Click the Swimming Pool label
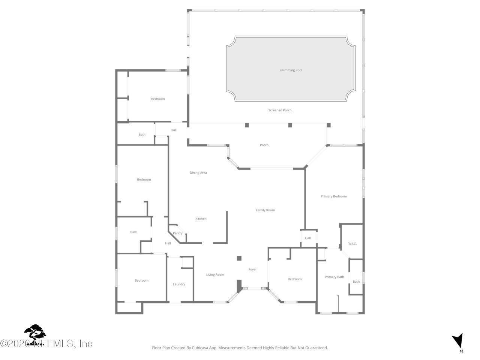click(x=291, y=70)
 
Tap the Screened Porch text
click(x=280, y=110)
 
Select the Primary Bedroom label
click(x=334, y=196)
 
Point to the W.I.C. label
click(x=352, y=244)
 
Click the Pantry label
click(x=178, y=234)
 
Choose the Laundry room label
click(x=179, y=284)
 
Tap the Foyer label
click(x=253, y=270)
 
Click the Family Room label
click(x=265, y=210)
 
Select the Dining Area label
click(x=198, y=173)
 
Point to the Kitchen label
click(x=201, y=219)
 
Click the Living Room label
click(x=215, y=275)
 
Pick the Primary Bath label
click(x=334, y=277)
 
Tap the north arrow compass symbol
click(x=457, y=341)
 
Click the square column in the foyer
click(x=239, y=258)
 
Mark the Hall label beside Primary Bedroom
click(x=308, y=238)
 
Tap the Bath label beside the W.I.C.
click(x=356, y=282)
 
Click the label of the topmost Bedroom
click(x=158, y=99)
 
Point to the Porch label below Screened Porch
click(x=264, y=145)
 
